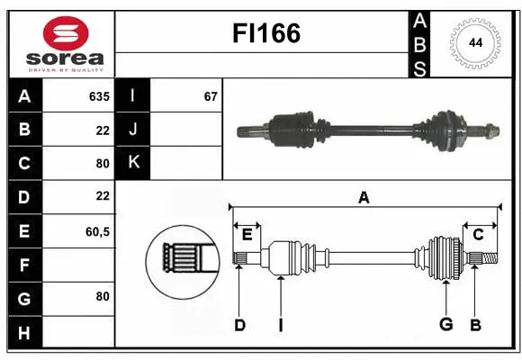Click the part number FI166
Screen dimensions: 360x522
266,34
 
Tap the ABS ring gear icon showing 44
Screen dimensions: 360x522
473,43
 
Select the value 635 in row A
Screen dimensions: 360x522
98,96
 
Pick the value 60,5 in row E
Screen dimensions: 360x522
96,231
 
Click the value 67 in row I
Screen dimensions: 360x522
211,96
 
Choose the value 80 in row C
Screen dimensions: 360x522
102,164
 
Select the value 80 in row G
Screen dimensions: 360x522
102,296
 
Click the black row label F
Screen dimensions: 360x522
23,265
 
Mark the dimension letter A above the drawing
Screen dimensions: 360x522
364,198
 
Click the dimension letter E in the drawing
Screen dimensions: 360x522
247,235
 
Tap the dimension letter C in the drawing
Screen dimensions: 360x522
478,235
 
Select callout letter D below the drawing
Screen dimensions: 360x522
239,325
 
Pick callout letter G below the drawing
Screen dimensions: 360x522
445,325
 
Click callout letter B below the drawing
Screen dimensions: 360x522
475,325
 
